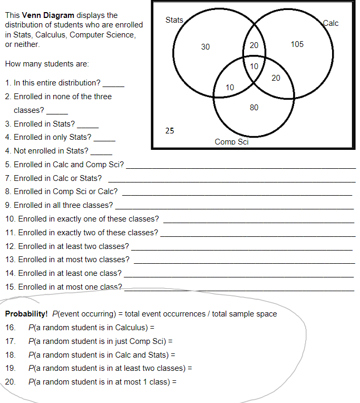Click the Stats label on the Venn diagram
coord(174,20)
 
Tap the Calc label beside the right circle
coord(330,23)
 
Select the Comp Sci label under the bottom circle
coord(231,142)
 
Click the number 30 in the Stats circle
coord(206,47)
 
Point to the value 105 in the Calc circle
coord(297,44)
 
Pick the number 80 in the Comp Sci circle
coord(254,108)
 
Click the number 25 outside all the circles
coord(170,130)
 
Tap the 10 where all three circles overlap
coord(254,66)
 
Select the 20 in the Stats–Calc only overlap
coord(254,45)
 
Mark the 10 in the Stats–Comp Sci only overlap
coord(230,87)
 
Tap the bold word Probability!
coord(26,314)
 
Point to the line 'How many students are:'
coord(46,64)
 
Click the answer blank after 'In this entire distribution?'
coord(113,84)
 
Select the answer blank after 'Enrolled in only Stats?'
coord(104,139)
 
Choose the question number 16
coord(11,328)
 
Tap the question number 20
coord(11,381)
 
